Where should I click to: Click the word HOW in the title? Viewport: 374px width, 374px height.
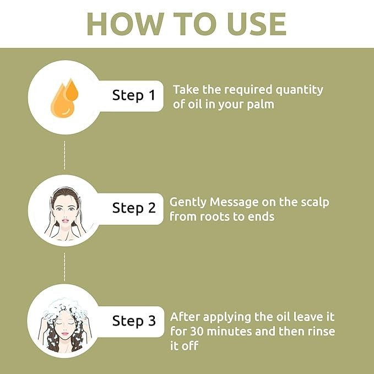click(x=125, y=24)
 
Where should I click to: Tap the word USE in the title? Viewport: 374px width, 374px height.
click(x=257, y=24)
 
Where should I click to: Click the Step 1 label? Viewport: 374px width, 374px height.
click(x=134, y=95)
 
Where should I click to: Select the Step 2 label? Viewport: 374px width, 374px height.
click(x=134, y=208)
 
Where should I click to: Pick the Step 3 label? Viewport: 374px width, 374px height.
click(x=134, y=321)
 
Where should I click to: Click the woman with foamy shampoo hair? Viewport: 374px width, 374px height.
click(x=64, y=324)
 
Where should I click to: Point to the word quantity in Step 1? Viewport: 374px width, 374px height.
click(x=299, y=90)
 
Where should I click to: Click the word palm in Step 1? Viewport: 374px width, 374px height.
click(x=261, y=105)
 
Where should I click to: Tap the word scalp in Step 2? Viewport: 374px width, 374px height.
click(x=315, y=202)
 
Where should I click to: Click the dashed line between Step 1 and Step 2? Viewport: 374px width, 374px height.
click(x=64, y=155)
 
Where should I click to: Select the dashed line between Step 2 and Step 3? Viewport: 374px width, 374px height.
click(x=64, y=267)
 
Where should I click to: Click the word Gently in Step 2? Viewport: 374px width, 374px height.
click(x=188, y=203)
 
